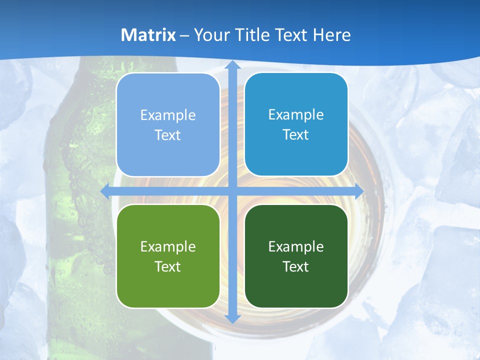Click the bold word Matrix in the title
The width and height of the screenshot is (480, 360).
point(148,35)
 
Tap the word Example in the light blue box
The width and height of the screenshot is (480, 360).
point(168,115)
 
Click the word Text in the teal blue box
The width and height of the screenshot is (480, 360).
point(296,135)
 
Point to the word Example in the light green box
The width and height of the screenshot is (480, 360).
point(168,247)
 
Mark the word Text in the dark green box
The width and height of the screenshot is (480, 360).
point(296,266)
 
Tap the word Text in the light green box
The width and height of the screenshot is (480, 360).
point(168,266)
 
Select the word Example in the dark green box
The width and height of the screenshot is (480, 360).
point(296,247)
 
